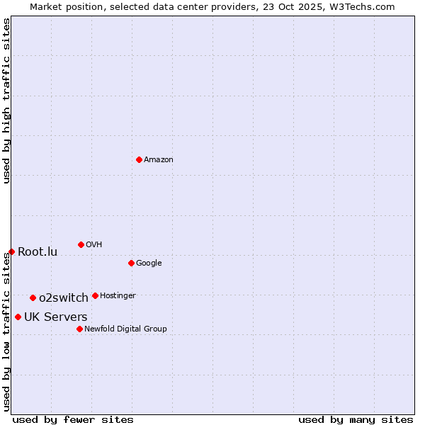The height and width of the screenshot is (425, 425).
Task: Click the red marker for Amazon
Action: coord(139,159)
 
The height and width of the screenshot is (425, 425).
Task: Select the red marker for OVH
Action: coord(81,244)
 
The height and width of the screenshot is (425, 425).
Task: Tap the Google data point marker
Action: coord(131,263)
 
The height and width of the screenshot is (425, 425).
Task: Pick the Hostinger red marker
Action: coord(95,295)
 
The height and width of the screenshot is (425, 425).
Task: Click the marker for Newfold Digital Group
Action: coord(79,329)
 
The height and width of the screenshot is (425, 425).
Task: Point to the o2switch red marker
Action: coord(33,297)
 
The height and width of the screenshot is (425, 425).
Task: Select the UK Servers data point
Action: coord(18,317)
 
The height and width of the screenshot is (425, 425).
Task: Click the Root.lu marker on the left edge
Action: coord(11,251)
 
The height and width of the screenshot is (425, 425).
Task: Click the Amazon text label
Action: coord(159,160)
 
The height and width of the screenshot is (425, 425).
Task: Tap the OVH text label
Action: coord(94,245)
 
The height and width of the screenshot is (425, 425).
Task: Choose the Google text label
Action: coord(149,263)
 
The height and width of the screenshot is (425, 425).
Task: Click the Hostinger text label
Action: coord(118,296)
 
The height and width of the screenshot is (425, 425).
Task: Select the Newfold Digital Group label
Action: coord(125,329)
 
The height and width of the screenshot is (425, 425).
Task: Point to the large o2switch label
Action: coord(64,297)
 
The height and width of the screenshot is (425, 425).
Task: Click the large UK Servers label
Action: coord(56,317)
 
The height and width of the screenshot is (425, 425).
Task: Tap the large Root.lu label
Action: coord(38,252)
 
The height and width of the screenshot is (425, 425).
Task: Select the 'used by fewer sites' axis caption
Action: coord(73,419)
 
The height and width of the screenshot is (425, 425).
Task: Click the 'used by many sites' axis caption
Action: coord(356,419)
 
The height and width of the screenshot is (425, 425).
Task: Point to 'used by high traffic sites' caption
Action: coord(6,101)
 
